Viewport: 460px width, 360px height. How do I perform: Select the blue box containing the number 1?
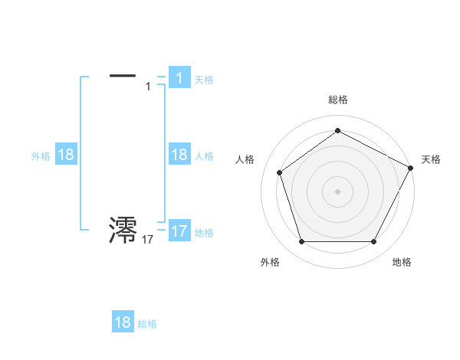coord(179,77)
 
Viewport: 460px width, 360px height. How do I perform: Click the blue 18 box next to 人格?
coord(179,155)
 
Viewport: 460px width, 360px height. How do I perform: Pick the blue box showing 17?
coord(179,231)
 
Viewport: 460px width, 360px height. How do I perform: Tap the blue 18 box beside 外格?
coord(66,155)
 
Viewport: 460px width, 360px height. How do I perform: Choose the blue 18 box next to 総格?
coord(123,322)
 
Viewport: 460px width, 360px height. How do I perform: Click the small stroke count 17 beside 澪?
coord(147,240)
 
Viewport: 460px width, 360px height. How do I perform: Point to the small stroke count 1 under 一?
coord(148,87)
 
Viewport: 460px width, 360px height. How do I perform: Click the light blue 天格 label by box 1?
coord(204,79)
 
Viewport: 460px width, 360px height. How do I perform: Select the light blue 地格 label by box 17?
coord(204,232)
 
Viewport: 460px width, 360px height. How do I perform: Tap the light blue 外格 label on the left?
coord(41,155)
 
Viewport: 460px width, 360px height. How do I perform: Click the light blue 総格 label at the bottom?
coord(147,324)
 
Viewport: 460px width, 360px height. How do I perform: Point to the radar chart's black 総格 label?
coord(337,100)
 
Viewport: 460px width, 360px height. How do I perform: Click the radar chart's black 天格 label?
coord(431,159)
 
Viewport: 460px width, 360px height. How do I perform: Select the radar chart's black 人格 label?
coord(245,159)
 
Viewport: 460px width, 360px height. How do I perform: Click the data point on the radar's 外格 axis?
coord(301,242)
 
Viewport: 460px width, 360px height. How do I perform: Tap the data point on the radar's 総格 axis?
coord(337,130)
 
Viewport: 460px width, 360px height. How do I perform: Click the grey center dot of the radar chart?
coord(337,191)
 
